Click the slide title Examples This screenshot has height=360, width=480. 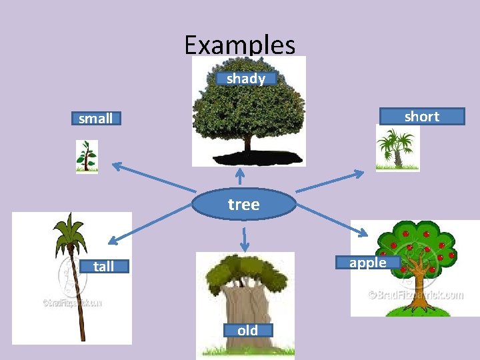coord(240,45)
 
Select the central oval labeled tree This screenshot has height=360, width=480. coord(243,205)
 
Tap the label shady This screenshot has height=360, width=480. coord(246,79)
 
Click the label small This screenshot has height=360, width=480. coord(96,119)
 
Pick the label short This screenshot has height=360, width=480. coord(421,117)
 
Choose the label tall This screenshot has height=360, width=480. coord(103,267)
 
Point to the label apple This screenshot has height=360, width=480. coord(368,263)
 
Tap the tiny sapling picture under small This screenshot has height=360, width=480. coord(86,157)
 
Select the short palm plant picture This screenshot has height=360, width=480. coord(397,148)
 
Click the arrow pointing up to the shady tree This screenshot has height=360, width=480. coord(240,176)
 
